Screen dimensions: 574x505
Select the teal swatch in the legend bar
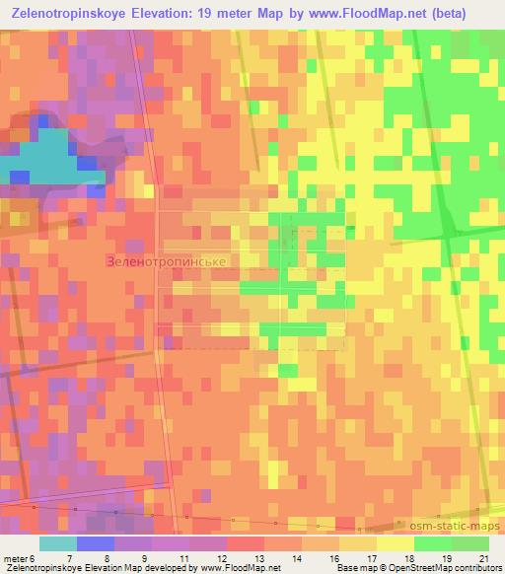[57, 543]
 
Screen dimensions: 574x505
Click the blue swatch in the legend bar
[95, 543]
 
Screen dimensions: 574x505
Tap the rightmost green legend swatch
[470, 543]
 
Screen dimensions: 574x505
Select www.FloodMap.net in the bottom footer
[240, 568]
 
